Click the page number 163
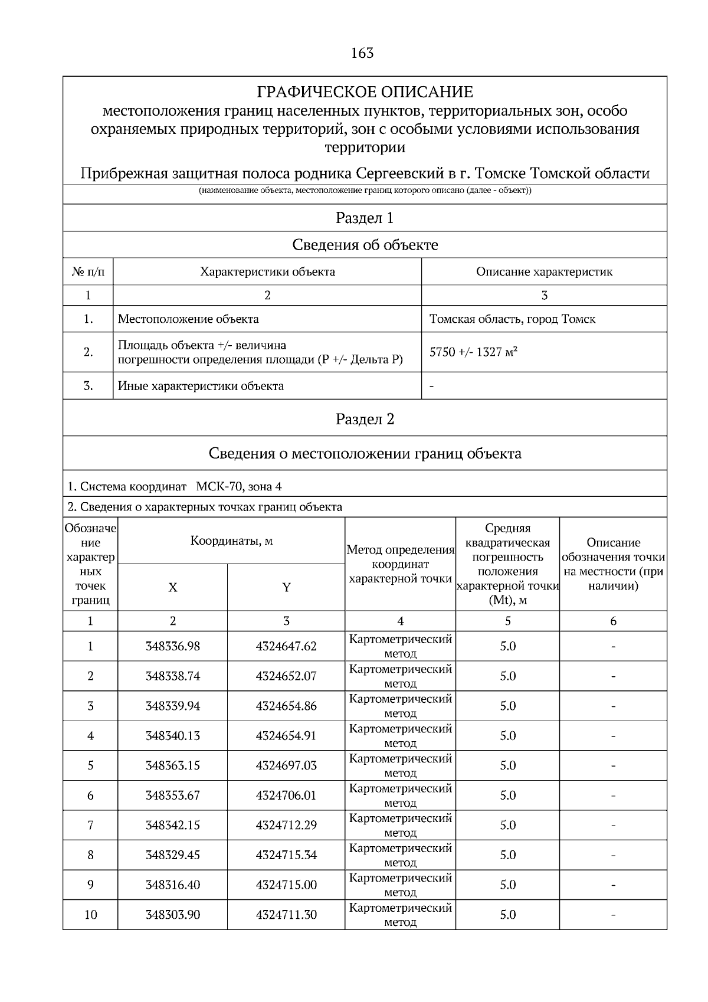[x=362, y=53]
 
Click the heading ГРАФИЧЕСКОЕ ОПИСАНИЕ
[x=365, y=92]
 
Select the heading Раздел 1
[x=365, y=218]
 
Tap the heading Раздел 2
[x=365, y=419]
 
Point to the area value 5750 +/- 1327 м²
[x=473, y=352]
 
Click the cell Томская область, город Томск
[x=512, y=319]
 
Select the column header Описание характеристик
[x=544, y=272]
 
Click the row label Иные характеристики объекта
[x=201, y=386]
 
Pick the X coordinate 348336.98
[x=173, y=646]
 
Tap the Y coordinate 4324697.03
[x=286, y=765]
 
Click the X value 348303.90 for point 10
[x=173, y=915]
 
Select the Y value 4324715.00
[x=286, y=885]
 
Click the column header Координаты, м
[x=231, y=541]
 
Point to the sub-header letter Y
[x=286, y=588]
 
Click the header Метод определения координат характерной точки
[x=400, y=564]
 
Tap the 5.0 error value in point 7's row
[x=507, y=825]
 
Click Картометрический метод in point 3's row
[x=400, y=706]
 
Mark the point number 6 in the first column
[x=90, y=795]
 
